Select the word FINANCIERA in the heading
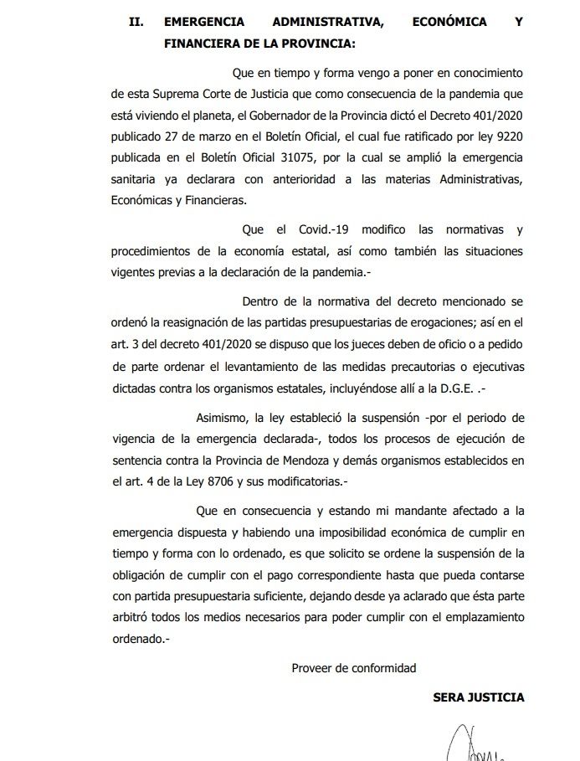pyautogui.click(x=202, y=43)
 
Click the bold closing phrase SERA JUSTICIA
pyautogui.click(x=479, y=697)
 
